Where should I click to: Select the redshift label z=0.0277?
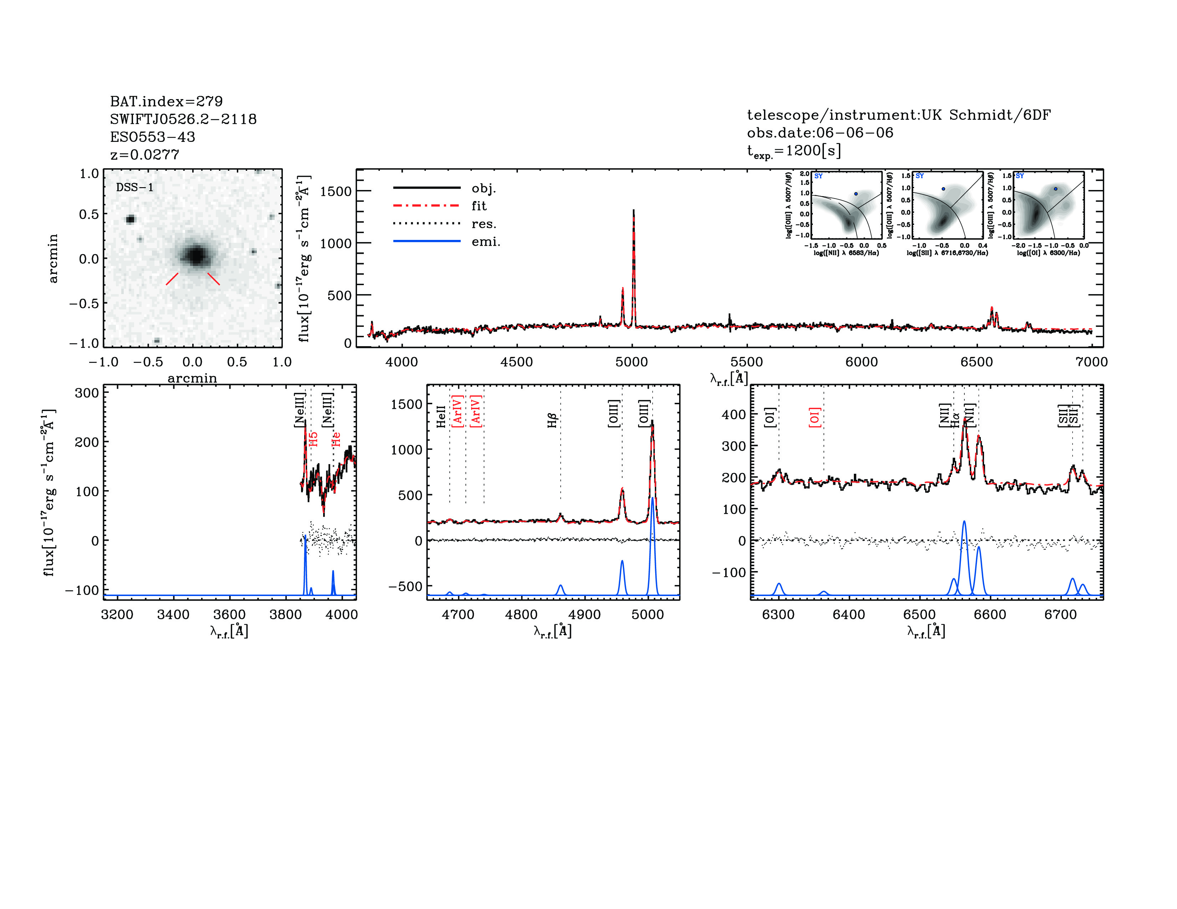click(144, 155)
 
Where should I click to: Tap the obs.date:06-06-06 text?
click(820, 133)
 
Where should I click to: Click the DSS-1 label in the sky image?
click(135, 188)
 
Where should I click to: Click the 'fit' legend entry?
click(479, 206)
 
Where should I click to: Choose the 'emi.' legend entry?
click(485, 242)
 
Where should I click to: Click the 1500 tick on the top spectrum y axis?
click(335, 191)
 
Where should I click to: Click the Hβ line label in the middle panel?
click(552, 421)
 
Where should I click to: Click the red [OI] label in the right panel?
click(814, 417)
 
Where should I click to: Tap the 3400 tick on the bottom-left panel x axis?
click(173, 615)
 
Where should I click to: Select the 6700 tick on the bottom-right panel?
click(1060, 615)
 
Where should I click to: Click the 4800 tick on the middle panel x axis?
click(521, 615)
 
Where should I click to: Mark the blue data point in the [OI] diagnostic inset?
click(1056, 189)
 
